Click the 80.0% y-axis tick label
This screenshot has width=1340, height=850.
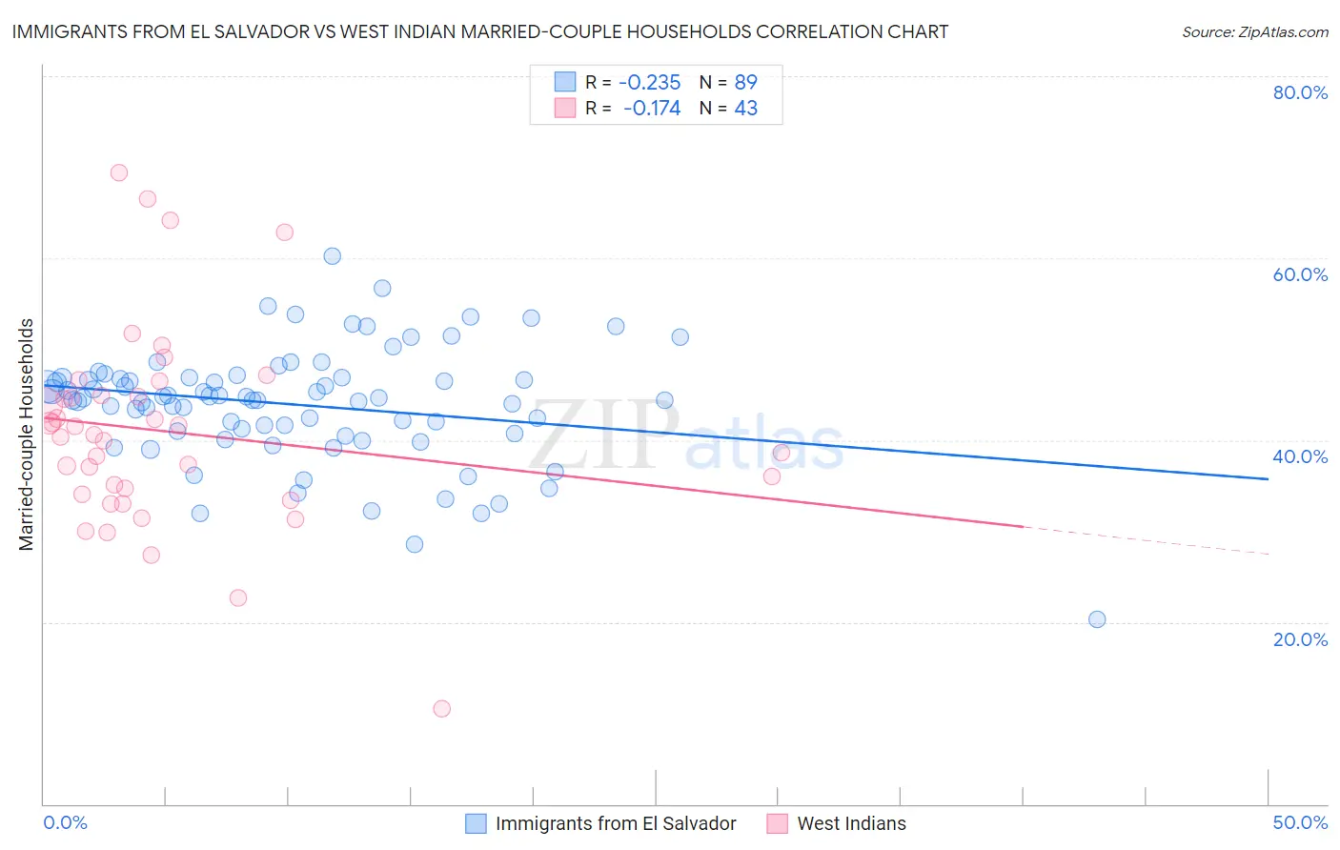point(1300,92)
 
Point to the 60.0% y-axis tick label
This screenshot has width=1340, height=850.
point(1300,274)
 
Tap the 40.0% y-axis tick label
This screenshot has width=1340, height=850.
point(1300,456)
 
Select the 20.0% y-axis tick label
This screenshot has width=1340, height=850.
point(1300,638)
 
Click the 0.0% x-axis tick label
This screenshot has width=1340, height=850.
point(65,822)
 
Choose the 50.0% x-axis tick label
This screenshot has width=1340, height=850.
point(1300,822)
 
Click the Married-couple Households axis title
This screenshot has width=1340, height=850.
point(27,434)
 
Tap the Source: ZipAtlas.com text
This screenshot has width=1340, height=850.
point(1254,32)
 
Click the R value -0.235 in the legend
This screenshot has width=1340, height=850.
point(650,82)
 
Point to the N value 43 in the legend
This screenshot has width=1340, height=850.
point(745,109)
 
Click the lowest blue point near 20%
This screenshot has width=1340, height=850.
point(1097,619)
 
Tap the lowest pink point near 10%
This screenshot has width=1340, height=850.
point(441,708)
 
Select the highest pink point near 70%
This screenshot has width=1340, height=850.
point(119,172)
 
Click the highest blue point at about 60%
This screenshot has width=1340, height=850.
point(332,255)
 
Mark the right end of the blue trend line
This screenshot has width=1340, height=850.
point(1268,478)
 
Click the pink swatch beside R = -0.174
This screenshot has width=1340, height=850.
point(565,109)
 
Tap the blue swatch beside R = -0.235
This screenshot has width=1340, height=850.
point(565,82)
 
